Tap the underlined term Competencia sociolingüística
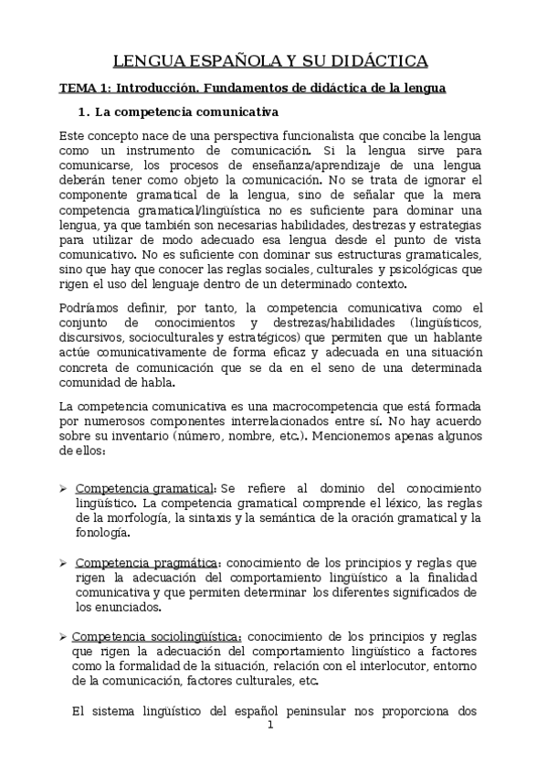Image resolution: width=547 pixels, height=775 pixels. [x=157, y=636]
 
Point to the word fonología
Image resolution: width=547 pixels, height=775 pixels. [x=103, y=533]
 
